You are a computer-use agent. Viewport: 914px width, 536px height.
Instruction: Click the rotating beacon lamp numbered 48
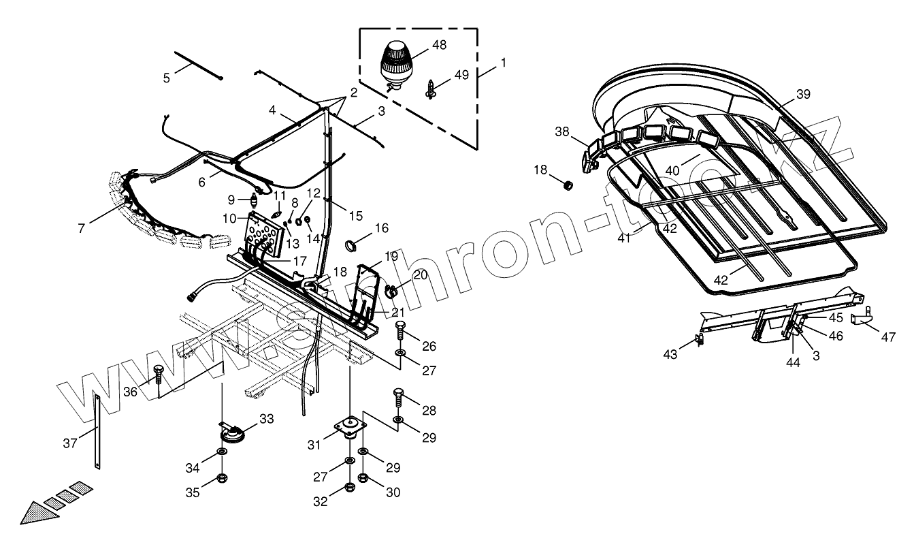[x=395, y=60]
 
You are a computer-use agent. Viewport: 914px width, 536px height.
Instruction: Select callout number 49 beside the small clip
[x=461, y=75]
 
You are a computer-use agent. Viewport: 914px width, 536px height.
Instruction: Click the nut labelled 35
[x=223, y=479]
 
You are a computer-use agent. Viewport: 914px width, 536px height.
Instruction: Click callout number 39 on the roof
[x=802, y=95]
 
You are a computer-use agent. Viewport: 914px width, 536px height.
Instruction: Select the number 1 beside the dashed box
[x=503, y=63]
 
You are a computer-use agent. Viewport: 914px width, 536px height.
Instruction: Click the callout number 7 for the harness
[x=82, y=229]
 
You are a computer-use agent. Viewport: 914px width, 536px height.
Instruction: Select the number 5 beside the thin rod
[x=166, y=78]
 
